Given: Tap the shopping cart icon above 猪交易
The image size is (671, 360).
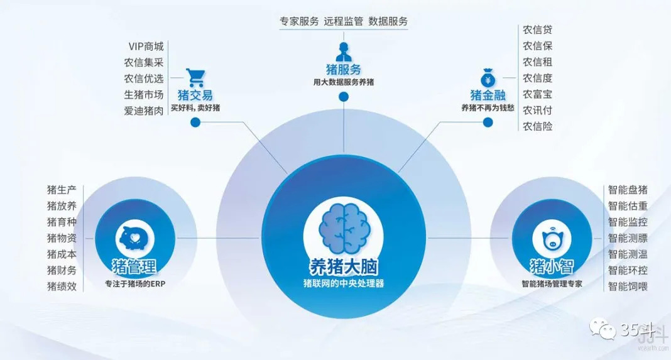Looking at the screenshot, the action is pyautogui.click(x=195, y=78).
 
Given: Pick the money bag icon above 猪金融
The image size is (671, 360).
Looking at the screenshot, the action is pyautogui.click(x=488, y=79).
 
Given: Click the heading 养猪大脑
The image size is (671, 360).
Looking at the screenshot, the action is pyautogui.click(x=343, y=266).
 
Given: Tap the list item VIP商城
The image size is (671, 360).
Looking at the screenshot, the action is pyautogui.click(x=146, y=46).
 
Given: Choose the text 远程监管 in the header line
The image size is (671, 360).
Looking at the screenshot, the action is pyautogui.click(x=343, y=21).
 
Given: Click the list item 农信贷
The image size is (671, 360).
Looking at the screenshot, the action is pyautogui.click(x=537, y=30).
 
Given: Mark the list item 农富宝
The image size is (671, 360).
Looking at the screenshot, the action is pyautogui.click(x=537, y=94).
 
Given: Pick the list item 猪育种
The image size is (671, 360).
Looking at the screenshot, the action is pyautogui.click(x=62, y=222).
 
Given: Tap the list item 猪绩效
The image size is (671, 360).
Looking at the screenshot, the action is pyautogui.click(x=62, y=286).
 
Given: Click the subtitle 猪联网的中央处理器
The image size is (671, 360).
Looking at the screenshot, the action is pyautogui.click(x=343, y=283).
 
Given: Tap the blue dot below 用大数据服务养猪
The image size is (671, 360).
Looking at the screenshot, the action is pyautogui.click(x=343, y=96).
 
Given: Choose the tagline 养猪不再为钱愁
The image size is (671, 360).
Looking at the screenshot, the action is pyautogui.click(x=488, y=107).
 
